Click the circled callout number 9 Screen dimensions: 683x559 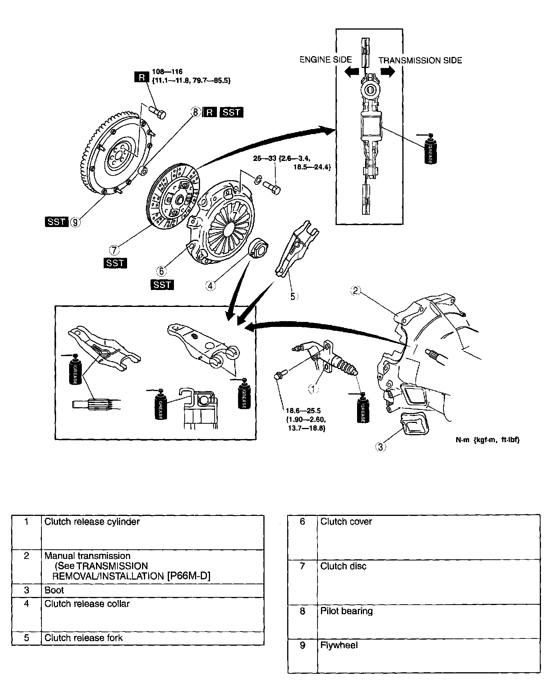(76, 222)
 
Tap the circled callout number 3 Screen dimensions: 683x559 (380, 447)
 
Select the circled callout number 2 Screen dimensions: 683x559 (356, 291)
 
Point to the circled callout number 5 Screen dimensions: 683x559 (293, 296)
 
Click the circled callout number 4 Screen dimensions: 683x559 (210, 285)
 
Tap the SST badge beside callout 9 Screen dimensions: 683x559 (56, 222)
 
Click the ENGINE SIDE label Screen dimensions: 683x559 (326, 60)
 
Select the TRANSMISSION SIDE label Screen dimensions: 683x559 (420, 60)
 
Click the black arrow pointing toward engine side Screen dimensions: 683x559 (351, 71)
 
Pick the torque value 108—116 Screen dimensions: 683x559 (167, 71)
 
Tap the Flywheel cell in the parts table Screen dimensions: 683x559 (339, 645)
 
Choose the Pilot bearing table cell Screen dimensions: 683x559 (346, 611)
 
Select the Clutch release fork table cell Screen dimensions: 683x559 (84, 638)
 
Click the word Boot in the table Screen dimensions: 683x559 (54, 590)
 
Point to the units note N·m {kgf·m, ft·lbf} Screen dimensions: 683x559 (487, 440)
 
